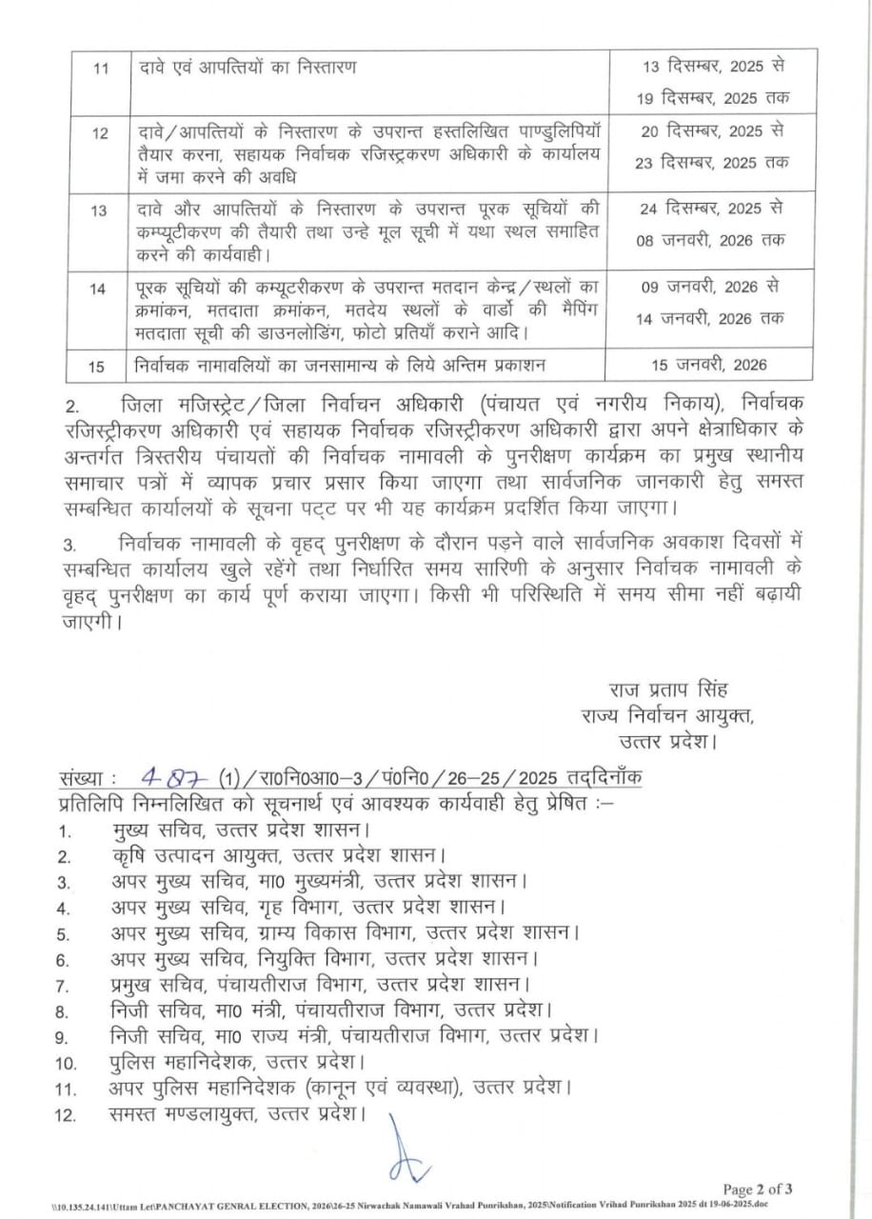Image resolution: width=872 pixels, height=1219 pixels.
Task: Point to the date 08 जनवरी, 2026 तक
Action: tap(713, 241)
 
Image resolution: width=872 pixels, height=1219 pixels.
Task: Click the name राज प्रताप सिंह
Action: tap(668, 690)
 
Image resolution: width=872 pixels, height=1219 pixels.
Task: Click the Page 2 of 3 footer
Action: tap(763, 1189)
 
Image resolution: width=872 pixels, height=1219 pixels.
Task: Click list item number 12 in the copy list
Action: tap(65, 1113)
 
